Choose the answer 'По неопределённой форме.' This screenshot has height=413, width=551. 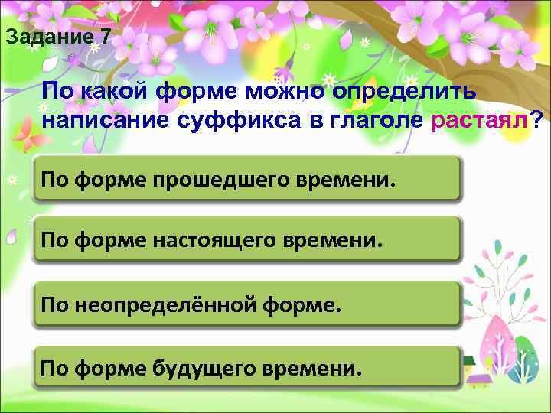pyautogui.click(x=247, y=306)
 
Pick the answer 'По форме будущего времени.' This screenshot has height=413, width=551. pyautogui.click(x=247, y=369)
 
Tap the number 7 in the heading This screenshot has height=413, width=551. pyautogui.click(x=105, y=36)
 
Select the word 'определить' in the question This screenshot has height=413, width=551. pyautogui.click(x=405, y=91)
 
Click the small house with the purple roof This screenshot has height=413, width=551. pyautogui.click(x=479, y=376)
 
